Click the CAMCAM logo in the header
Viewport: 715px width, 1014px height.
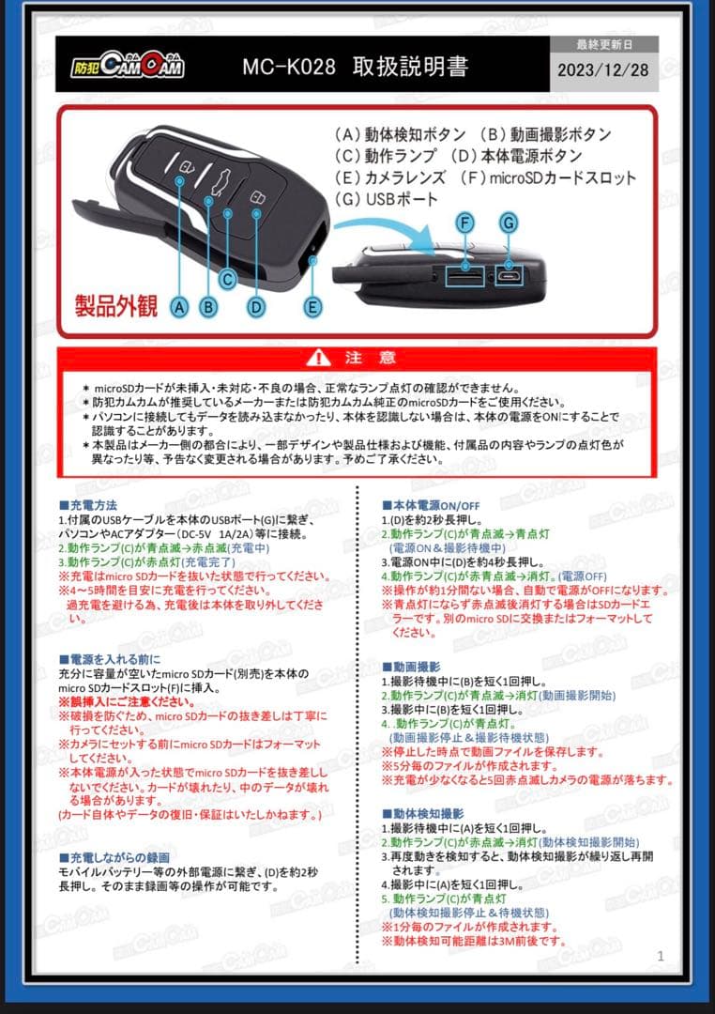click(x=128, y=65)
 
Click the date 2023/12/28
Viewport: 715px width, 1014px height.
click(x=602, y=70)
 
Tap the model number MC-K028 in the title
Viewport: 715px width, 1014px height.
click(x=288, y=68)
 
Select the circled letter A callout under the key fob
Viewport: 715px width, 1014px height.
click(x=180, y=306)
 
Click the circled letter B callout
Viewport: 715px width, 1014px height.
click(x=209, y=306)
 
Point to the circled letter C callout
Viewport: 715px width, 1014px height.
click(x=227, y=279)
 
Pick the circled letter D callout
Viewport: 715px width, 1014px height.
click(x=256, y=306)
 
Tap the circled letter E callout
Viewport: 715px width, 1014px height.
click(x=313, y=306)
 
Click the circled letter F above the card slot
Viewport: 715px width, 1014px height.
click(x=465, y=223)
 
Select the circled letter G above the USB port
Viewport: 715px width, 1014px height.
click(x=508, y=223)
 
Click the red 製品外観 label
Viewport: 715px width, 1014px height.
click(x=116, y=306)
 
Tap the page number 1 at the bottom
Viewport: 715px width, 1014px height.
click(x=661, y=957)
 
